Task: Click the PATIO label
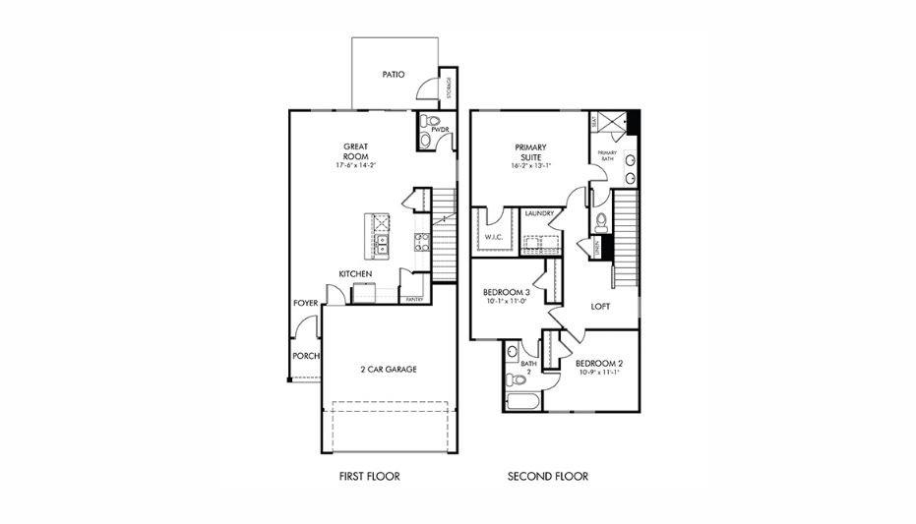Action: coord(395,74)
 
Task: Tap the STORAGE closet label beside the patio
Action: coord(450,87)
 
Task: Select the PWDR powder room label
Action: coord(440,129)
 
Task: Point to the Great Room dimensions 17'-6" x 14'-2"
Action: coord(355,166)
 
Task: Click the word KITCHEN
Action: coord(355,273)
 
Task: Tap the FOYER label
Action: coord(305,303)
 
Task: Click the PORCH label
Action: coord(305,356)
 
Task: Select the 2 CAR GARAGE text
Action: coord(389,370)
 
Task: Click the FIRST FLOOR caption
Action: coord(369,477)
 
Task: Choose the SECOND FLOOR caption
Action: coord(548,477)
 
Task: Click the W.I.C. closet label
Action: coord(493,237)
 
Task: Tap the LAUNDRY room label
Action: coord(538,213)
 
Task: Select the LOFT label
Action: coord(600,307)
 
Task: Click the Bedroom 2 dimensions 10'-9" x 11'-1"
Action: coord(600,373)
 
